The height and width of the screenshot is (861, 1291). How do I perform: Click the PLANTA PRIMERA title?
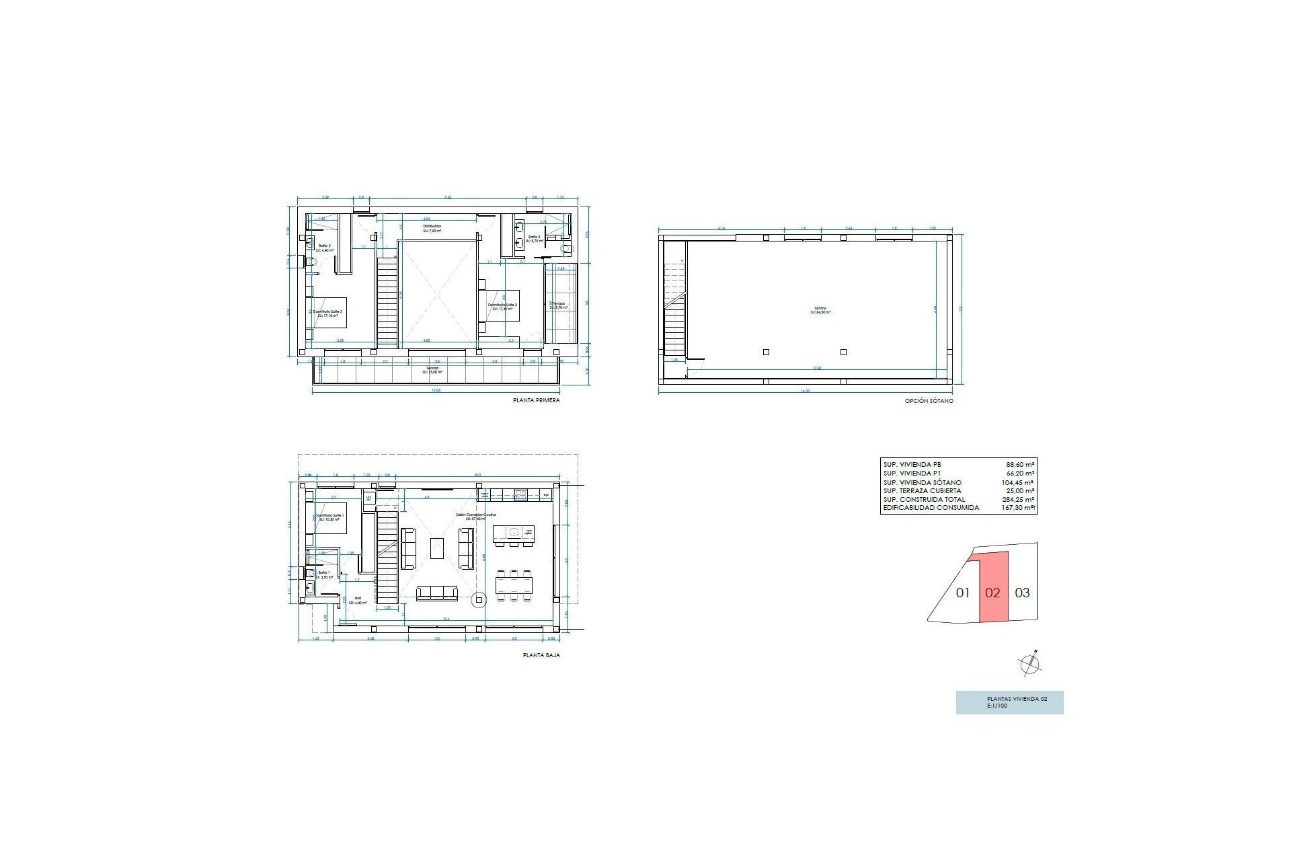click(x=536, y=400)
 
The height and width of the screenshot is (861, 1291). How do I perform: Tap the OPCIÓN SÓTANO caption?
click(x=929, y=401)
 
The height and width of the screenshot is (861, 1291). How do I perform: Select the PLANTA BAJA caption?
click(x=541, y=654)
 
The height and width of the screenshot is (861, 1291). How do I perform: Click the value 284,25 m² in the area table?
click(x=1019, y=500)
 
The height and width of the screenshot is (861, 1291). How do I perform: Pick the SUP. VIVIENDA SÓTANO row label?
click(x=922, y=482)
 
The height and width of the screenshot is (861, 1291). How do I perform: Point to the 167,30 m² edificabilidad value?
click(x=1019, y=508)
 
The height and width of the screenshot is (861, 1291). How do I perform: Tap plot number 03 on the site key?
click(x=1022, y=593)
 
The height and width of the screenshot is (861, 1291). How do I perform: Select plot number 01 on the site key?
click(x=963, y=593)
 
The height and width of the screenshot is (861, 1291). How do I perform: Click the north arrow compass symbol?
click(x=1030, y=664)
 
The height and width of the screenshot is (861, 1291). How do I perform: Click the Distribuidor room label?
click(x=432, y=227)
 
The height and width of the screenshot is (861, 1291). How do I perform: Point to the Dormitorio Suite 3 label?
click(x=502, y=305)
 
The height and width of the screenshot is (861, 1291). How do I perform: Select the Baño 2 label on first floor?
click(x=324, y=246)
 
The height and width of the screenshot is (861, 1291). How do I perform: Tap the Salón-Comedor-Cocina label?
click(x=475, y=515)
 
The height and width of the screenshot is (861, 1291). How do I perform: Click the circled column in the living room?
click(x=479, y=599)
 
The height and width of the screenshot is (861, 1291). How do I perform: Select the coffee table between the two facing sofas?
click(x=437, y=548)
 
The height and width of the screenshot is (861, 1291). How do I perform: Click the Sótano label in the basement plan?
click(x=820, y=310)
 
